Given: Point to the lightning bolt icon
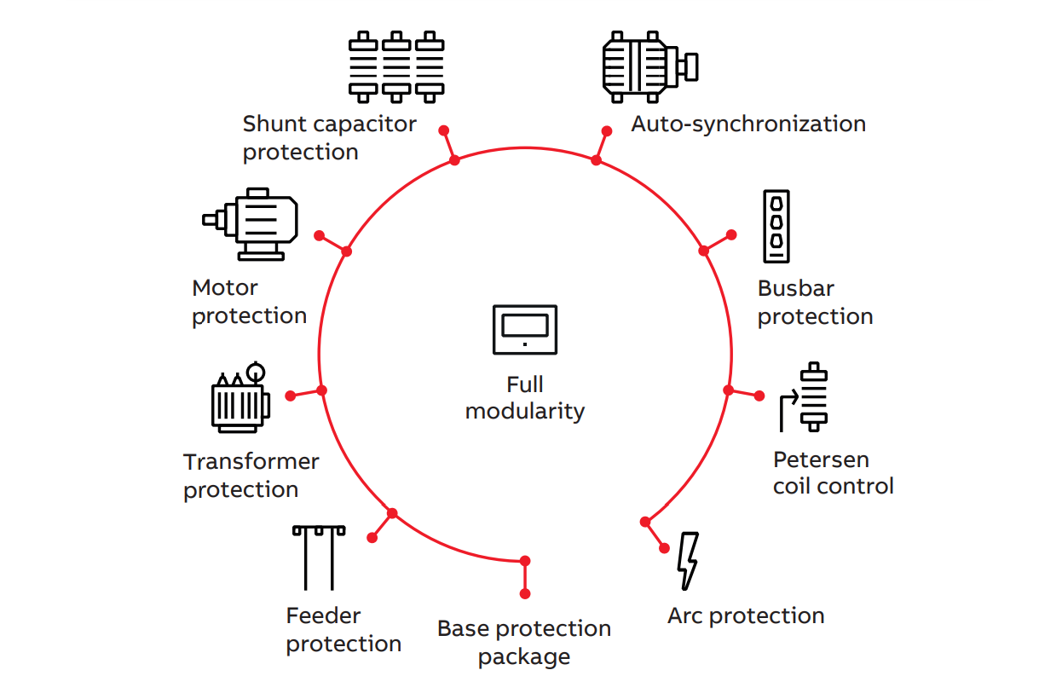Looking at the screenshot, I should point(687,561).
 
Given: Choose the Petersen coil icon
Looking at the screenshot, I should point(805,398).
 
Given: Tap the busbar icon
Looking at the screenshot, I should point(776,226).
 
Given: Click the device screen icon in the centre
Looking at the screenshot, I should point(524,329).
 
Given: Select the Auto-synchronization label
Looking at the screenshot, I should point(748,124).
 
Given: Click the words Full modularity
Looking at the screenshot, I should point(525,398).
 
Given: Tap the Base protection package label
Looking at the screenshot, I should point(524,643).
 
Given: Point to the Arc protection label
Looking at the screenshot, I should point(746,615).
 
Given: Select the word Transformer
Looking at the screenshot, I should point(251,461).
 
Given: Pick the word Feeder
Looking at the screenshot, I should point(323,615).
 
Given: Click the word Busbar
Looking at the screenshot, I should point(796,288).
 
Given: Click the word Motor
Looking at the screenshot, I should point(225,288).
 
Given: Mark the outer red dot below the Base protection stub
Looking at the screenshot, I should point(525,593).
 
